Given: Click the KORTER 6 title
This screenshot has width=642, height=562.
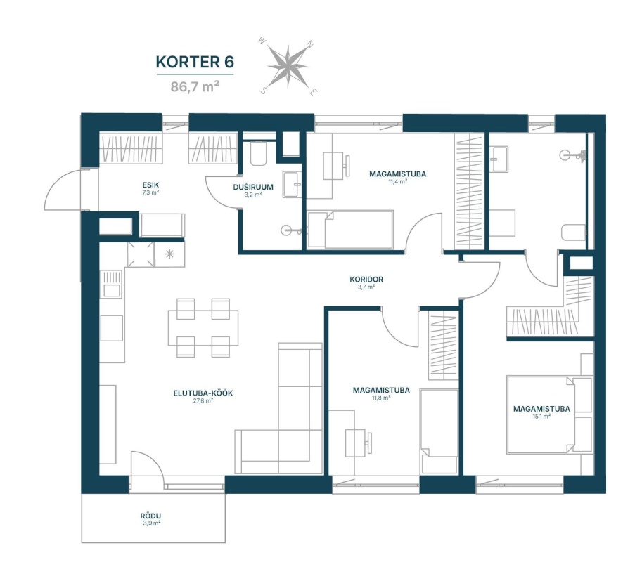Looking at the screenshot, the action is click(x=195, y=62).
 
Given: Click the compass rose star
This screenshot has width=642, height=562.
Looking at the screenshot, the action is click(x=288, y=66).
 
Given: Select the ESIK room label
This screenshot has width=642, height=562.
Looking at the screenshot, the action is click(x=150, y=185).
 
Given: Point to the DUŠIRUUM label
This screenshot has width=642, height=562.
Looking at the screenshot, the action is click(x=253, y=188).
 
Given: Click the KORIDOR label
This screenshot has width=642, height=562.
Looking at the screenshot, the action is click(x=366, y=280).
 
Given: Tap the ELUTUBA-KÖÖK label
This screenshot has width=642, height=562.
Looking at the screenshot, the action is click(x=203, y=393).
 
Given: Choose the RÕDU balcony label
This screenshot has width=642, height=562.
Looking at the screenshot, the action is click(x=150, y=516).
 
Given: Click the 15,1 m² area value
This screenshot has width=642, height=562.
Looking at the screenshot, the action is click(x=541, y=417).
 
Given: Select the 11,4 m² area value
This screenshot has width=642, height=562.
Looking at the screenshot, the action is click(x=397, y=181).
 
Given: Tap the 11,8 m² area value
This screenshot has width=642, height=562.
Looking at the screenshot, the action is click(x=381, y=398).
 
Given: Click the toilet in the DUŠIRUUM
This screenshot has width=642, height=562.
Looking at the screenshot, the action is click(x=258, y=153).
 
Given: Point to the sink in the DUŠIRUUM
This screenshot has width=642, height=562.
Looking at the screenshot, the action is click(x=292, y=185).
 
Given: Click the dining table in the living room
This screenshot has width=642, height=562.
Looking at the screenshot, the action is click(x=203, y=327).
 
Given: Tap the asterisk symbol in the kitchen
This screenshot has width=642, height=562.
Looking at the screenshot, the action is click(x=169, y=254).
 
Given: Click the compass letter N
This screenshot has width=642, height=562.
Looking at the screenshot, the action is click(x=312, y=44).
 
